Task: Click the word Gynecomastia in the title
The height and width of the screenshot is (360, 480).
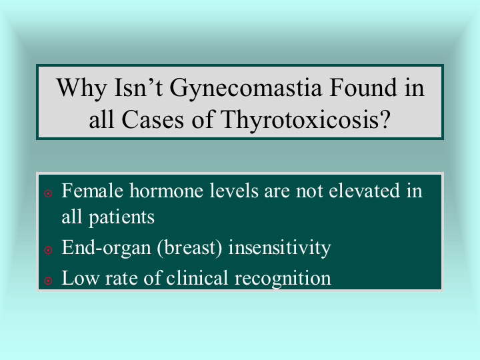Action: click(x=246, y=89)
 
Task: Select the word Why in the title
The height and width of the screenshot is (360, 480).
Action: click(x=81, y=89)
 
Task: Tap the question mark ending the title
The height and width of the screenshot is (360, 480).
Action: click(x=385, y=119)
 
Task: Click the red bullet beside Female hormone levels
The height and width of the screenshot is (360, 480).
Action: click(x=48, y=193)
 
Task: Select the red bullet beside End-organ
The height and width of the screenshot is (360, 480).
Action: click(x=48, y=250)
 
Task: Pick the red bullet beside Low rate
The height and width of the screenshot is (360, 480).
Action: click(x=48, y=281)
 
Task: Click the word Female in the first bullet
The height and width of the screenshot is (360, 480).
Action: click(x=93, y=191)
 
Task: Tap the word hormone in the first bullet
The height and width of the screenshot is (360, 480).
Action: click(x=166, y=191)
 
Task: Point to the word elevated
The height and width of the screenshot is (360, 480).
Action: click(x=364, y=191)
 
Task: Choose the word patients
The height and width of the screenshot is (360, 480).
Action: click(x=121, y=218)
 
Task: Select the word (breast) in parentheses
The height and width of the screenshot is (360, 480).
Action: click(x=189, y=248)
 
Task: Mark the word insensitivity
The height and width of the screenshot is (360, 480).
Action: click(x=280, y=248)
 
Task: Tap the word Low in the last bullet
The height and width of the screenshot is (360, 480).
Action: click(x=81, y=278)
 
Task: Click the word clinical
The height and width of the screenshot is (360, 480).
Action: click(x=197, y=278)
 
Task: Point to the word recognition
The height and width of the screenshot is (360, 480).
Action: click(x=283, y=279)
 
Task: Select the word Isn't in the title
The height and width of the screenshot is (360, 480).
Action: click(x=139, y=87)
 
